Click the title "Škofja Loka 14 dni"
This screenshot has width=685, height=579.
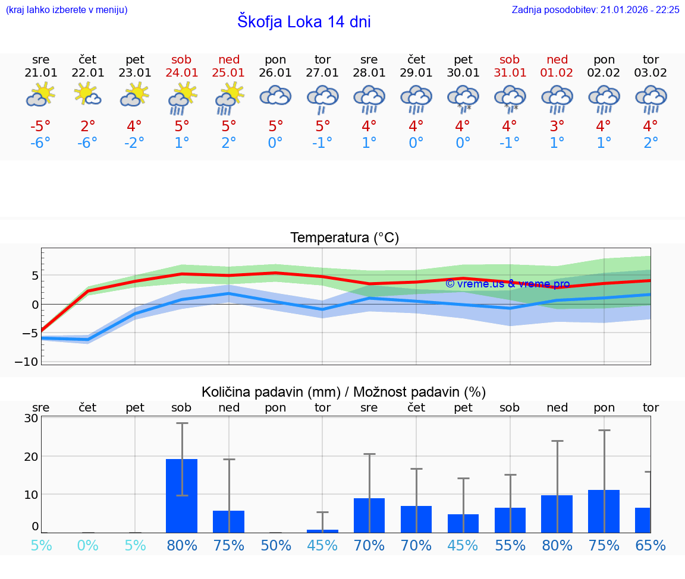304,22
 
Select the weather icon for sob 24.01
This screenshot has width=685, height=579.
182,99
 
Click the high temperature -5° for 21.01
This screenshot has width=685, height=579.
40,126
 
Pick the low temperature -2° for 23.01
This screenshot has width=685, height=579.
135,143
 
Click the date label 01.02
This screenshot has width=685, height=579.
557,73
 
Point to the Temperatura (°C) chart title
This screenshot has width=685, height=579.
344,238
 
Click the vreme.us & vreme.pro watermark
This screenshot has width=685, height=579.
507,284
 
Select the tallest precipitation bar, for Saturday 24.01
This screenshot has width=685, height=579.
181,495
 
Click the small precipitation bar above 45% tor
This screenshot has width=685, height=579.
322,530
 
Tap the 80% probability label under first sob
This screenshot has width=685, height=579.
182,546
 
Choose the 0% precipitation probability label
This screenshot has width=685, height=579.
87,546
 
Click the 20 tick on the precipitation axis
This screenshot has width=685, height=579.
31,456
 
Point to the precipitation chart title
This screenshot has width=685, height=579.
344,392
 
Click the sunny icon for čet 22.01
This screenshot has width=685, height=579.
87,95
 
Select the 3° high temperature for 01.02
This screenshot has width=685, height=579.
557,126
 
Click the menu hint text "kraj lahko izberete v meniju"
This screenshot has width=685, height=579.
66,10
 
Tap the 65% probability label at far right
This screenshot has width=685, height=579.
650,546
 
